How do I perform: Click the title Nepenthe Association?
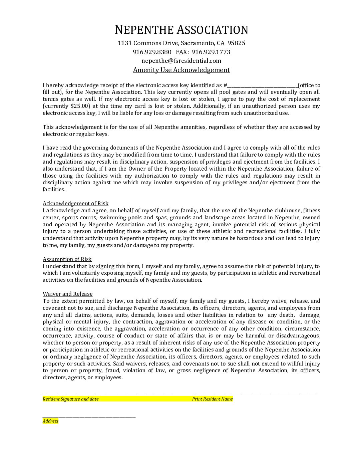181,30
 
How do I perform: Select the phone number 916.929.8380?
152,52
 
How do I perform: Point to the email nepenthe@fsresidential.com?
181,61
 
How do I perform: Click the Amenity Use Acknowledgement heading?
181,70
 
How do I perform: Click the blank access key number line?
262,86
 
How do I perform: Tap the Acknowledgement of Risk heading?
75,204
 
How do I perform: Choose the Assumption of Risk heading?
67,259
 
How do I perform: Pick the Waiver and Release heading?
68,294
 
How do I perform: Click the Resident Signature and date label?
71,399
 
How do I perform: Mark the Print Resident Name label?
213,399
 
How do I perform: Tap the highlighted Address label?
50,421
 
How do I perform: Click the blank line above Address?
89,417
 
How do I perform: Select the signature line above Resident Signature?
108,395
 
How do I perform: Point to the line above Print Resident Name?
254,395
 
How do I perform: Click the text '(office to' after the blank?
309,85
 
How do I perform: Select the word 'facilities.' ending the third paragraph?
54,190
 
